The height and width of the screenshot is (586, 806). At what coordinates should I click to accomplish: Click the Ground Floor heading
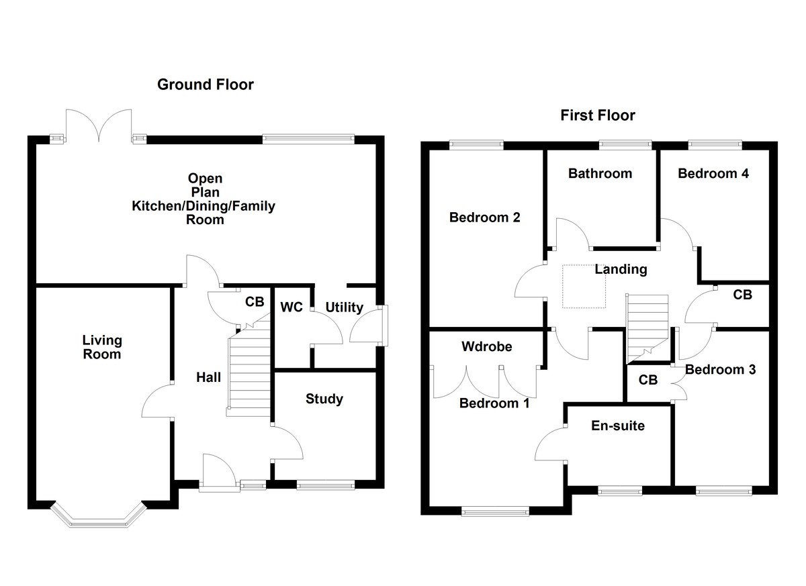[x=206, y=85]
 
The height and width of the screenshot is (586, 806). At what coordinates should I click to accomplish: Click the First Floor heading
[x=598, y=115]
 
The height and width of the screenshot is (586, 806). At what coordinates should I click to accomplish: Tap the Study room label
[x=324, y=399]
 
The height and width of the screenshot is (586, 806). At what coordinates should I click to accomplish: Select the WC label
[x=292, y=307]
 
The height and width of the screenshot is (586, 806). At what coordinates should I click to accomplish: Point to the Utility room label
[x=344, y=307]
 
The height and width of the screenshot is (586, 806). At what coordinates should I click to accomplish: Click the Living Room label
[x=102, y=347]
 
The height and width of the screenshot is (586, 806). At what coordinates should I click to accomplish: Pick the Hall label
[x=208, y=377]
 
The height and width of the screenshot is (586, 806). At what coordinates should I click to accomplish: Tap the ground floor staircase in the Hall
[x=249, y=373]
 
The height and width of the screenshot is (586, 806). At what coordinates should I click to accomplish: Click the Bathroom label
[x=600, y=173]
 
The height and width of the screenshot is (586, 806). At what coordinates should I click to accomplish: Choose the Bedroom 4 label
[x=713, y=173]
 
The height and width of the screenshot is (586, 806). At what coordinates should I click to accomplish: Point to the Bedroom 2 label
[x=485, y=217]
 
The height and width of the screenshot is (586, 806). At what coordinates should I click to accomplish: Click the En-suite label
[x=618, y=425]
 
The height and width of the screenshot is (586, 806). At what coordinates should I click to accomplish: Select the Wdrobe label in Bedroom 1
[x=487, y=347]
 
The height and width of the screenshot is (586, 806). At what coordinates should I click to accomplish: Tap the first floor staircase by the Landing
[x=648, y=324]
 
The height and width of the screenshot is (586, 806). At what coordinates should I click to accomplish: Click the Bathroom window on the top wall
[x=625, y=143]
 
